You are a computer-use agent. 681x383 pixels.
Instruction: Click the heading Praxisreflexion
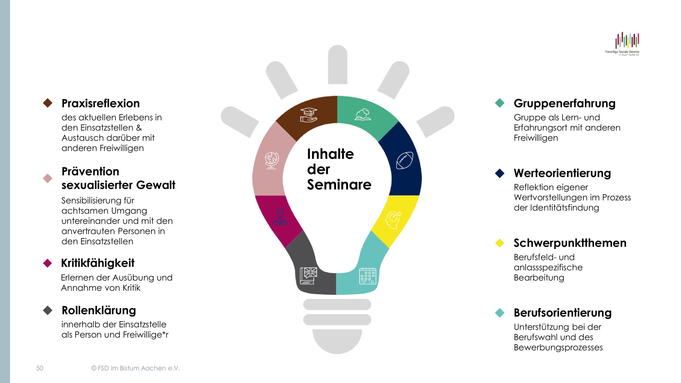(101, 103)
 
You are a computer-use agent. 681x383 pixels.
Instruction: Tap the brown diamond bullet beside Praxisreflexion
(48, 103)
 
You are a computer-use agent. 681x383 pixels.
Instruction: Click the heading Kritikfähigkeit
(98, 263)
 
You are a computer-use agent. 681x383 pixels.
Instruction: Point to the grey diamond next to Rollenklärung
(48, 310)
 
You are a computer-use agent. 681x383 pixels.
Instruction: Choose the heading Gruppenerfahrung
(564, 103)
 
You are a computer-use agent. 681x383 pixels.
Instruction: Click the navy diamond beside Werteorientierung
(500, 173)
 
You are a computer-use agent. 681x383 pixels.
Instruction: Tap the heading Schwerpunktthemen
(570, 243)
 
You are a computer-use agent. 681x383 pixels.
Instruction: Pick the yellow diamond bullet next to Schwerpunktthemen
(500, 243)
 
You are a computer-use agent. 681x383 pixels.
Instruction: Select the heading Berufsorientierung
(563, 313)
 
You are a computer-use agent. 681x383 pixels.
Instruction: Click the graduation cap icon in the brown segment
(309, 115)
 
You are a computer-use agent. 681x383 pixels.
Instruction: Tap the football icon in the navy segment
(405, 160)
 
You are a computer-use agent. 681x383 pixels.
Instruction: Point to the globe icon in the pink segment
(272, 160)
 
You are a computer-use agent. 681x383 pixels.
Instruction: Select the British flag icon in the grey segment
(309, 276)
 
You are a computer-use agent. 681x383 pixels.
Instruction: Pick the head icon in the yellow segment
(393, 220)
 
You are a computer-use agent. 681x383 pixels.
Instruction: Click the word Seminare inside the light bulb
(339, 185)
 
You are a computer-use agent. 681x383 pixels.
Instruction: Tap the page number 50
(40, 368)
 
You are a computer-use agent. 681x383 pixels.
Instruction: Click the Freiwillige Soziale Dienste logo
(622, 44)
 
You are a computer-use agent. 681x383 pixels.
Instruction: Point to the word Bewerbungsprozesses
(558, 348)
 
